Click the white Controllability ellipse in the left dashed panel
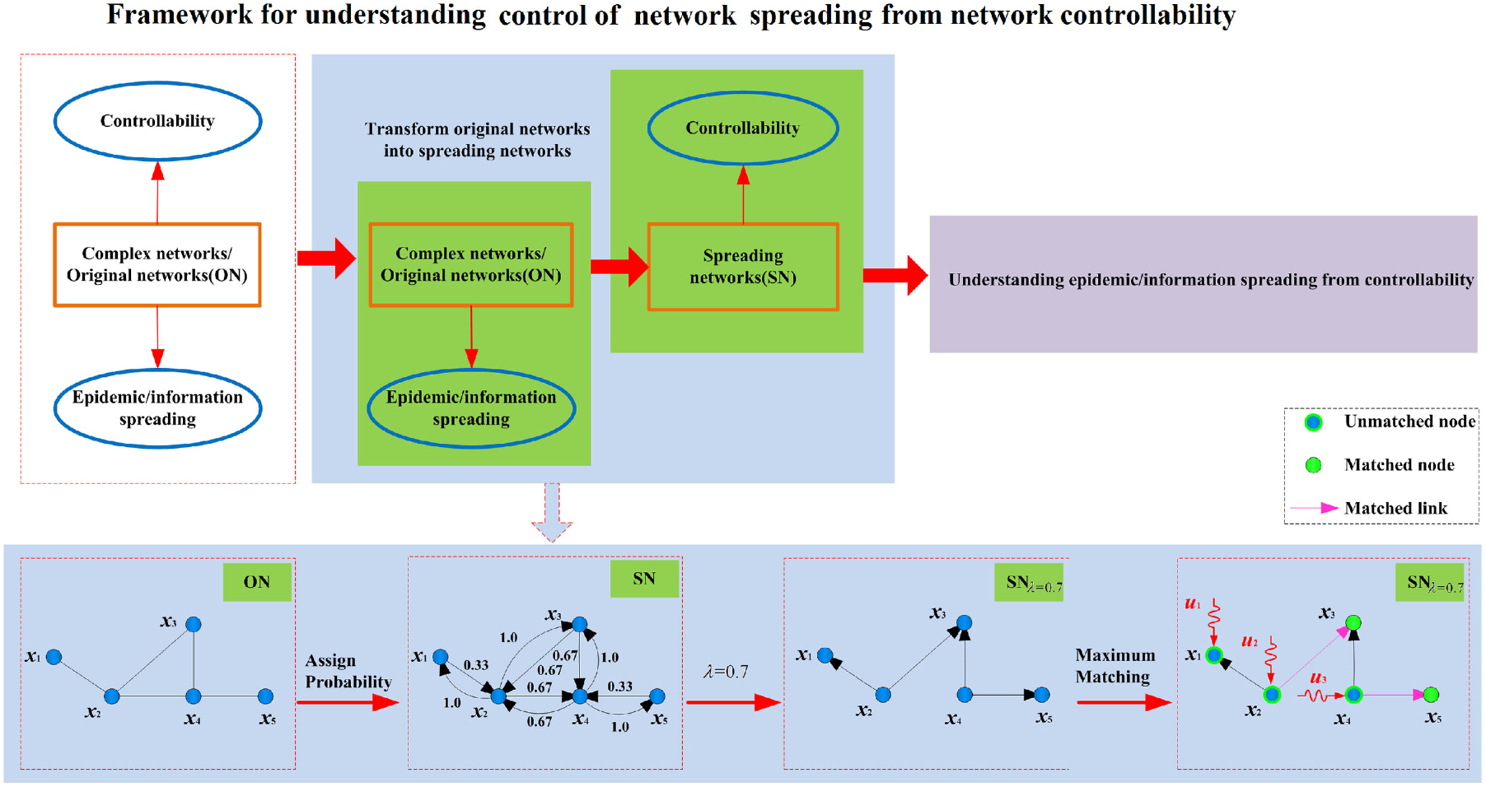pyautogui.click(x=157, y=121)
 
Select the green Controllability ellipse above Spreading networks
pyautogui.click(x=742, y=128)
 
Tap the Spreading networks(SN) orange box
pyautogui.click(x=742, y=266)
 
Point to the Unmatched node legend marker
pyautogui.click(x=1313, y=422)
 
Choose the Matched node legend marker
pyautogui.click(x=1313, y=465)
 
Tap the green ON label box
pyautogui.click(x=256, y=581)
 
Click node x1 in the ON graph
pyautogui.click(x=54, y=657)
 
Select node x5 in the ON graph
pyautogui.click(x=265, y=696)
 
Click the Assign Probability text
pyautogui.click(x=348, y=671)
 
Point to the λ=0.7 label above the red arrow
pyautogui.click(x=726, y=672)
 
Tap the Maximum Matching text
pyautogui.click(x=1114, y=666)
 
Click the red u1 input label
pyautogui.click(x=1192, y=604)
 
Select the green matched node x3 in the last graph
pyautogui.click(x=1353, y=622)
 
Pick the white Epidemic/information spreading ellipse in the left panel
pyautogui.click(x=157, y=408)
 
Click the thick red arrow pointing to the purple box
pyautogui.click(x=895, y=275)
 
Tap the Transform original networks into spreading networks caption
pyautogui.click(x=477, y=140)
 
